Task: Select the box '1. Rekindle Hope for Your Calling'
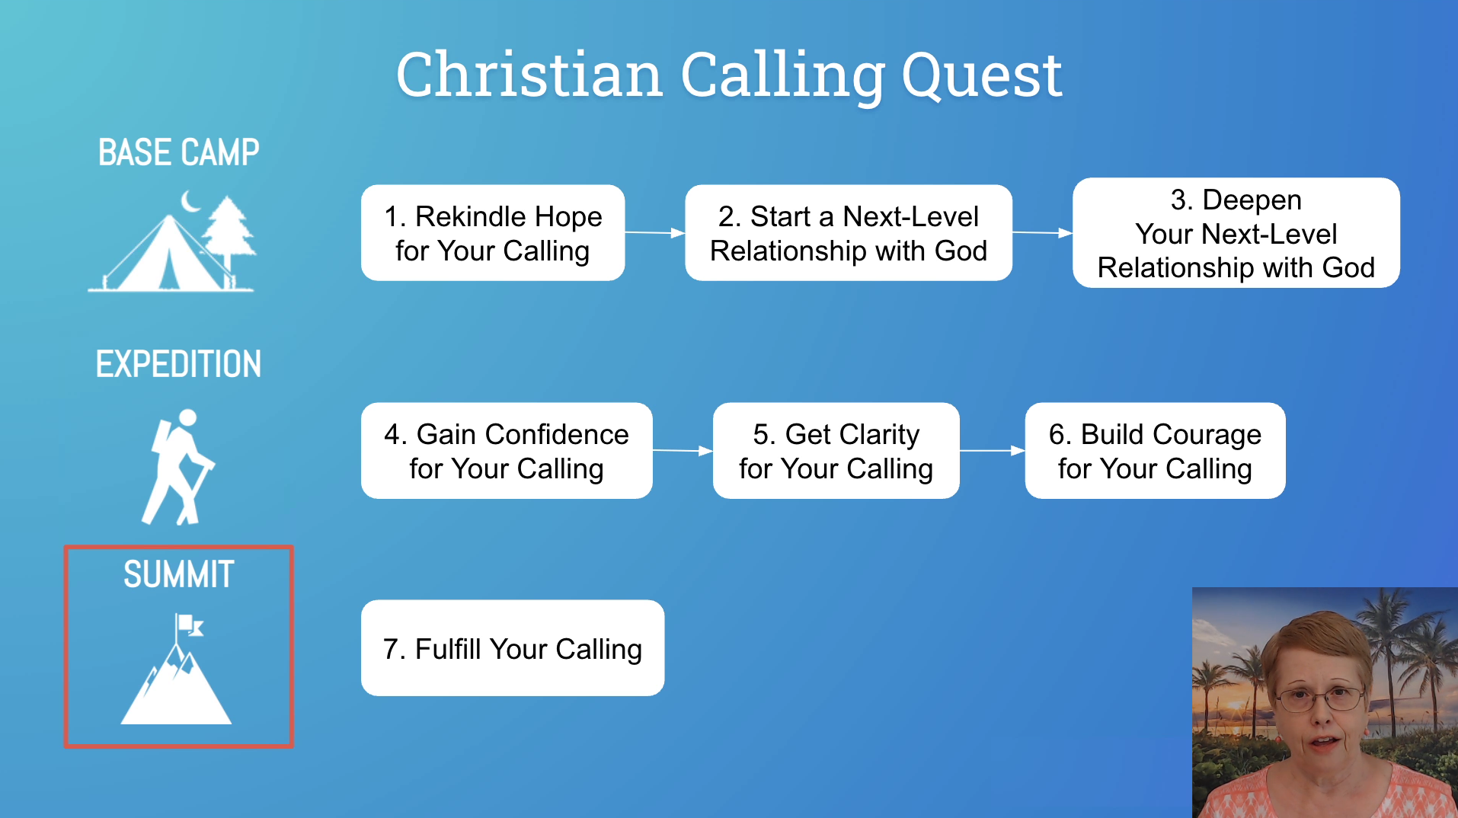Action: coord(493,233)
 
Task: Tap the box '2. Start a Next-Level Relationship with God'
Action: coord(849,233)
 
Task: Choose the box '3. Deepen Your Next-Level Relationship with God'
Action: coord(1236,233)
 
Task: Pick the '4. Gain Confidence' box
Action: coord(507,451)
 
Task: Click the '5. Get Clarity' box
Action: coord(836,451)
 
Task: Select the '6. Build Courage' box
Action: coord(1155,451)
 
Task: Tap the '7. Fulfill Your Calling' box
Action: coord(513,648)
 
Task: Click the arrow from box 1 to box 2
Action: coord(655,233)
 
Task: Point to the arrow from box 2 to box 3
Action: coord(1042,233)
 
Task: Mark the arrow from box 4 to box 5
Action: coord(683,451)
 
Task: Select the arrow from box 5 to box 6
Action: coord(993,451)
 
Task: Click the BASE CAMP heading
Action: coord(179,153)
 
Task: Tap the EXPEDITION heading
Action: coord(179,364)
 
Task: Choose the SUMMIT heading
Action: coord(179,574)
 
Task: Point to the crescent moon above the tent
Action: coord(190,201)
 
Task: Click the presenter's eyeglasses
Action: coord(1321,696)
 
